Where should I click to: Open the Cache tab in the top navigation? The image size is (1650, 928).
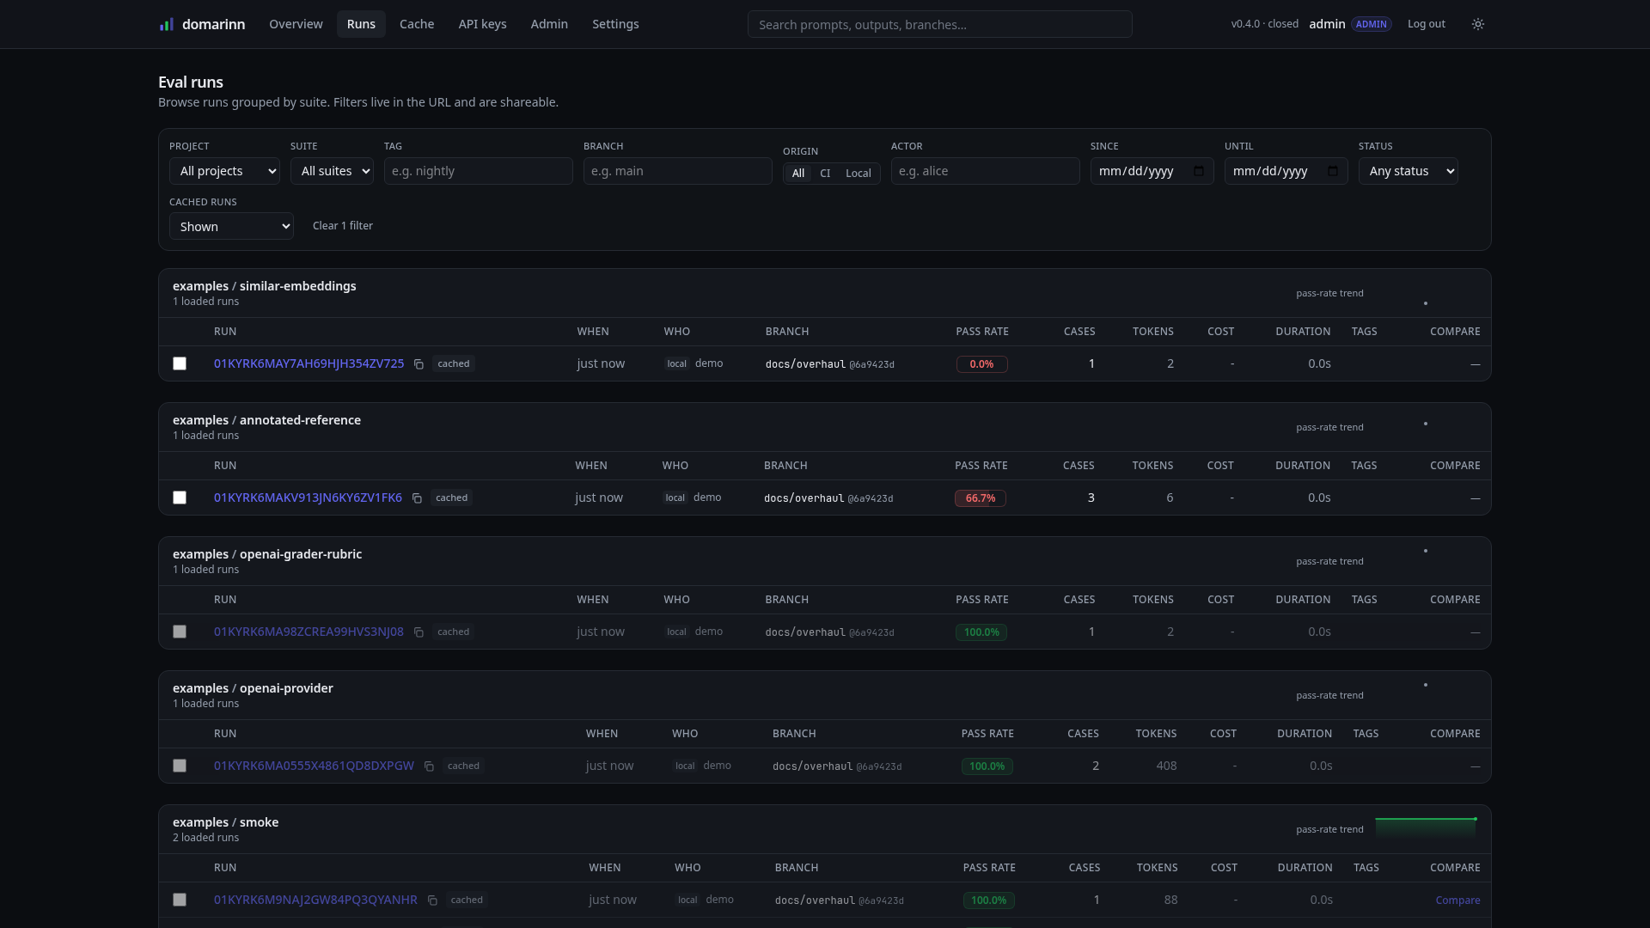tap(417, 24)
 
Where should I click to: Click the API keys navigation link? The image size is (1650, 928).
tap(482, 24)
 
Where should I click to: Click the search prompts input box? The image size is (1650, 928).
tap(939, 24)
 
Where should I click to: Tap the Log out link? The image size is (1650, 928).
tap(1426, 24)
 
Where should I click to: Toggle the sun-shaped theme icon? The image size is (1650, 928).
tap(1478, 24)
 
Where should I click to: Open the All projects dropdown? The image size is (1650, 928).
tap(224, 171)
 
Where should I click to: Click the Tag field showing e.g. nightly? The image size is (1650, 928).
tap(478, 171)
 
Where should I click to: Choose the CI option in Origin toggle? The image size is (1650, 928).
tap(825, 173)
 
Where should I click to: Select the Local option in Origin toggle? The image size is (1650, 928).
tap(858, 173)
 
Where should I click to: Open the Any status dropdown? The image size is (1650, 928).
tap(1408, 171)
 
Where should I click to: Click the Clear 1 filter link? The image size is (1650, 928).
tap(343, 226)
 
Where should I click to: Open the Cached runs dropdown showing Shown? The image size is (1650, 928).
tap(231, 226)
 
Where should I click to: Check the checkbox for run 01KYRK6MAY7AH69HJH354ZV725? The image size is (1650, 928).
tap(180, 363)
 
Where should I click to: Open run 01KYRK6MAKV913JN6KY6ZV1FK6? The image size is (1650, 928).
tap(308, 498)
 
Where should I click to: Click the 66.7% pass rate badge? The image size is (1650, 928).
tap(980, 498)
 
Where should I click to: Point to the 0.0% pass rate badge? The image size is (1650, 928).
tap(981, 364)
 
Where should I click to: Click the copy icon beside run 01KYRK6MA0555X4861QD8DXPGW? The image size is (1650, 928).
tap(429, 766)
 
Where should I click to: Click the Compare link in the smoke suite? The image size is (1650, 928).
tap(1457, 901)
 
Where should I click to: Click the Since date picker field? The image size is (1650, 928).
tap(1152, 171)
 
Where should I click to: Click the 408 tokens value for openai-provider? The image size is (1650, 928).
tap(1166, 766)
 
